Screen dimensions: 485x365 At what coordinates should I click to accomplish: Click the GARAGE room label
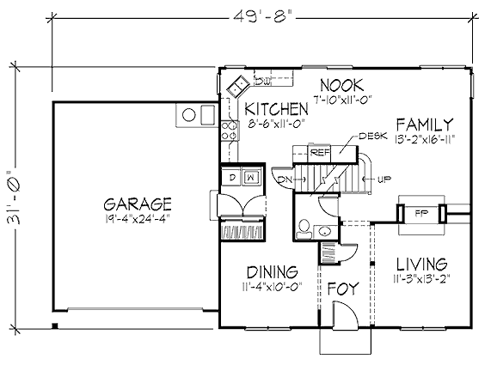pyautogui.click(x=138, y=204)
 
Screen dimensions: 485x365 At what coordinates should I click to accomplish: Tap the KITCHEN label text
pyautogui.click(x=276, y=109)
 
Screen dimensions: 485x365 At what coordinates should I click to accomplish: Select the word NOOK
pyautogui.click(x=341, y=85)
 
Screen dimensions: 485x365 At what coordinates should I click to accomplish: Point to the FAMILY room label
pyautogui.click(x=425, y=125)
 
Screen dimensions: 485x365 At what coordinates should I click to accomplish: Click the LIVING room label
pyautogui.click(x=422, y=265)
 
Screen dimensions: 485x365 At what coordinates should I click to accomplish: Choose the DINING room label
pyautogui.click(x=273, y=272)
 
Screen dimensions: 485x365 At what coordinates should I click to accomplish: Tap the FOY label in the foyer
pyautogui.click(x=343, y=289)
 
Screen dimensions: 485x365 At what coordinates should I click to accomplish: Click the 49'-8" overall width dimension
pyautogui.click(x=262, y=17)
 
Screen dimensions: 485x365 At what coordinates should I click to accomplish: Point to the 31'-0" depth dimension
pyautogui.click(x=14, y=197)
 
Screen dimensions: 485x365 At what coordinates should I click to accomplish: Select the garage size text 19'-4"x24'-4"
pyautogui.click(x=138, y=219)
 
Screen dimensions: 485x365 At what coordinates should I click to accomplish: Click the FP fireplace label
pyautogui.click(x=420, y=213)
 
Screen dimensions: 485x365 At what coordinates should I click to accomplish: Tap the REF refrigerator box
pyautogui.click(x=320, y=152)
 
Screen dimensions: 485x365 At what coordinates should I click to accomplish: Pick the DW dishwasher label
pyautogui.click(x=263, y=82)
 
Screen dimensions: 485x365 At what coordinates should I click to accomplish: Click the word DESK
pyautogui.click(x=373, y=136)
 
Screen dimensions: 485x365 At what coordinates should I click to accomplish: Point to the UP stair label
pyautogui.click(x=384, y=179)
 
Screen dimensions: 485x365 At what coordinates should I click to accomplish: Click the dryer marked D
pyautogui.click(x=231, y=177)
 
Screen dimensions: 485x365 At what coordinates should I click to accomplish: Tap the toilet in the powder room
pyautogui.click(x=304, y=229)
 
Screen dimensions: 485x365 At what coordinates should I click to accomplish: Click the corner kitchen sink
pyautogui.click(x=238, y=86)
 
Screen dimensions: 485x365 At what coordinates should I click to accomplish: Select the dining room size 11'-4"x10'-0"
pyautogui.click(x=273, y=287)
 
